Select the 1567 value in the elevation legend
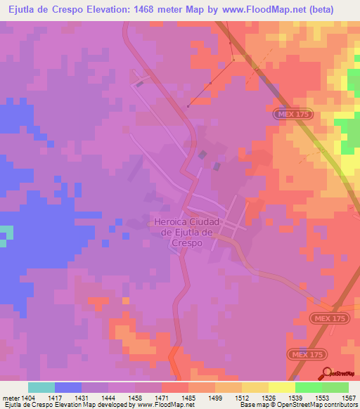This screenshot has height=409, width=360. coord(349,397)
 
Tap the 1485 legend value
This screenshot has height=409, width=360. coord(188,397)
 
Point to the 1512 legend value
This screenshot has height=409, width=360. coord(242,397)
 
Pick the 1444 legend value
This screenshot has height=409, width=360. coord(108,397)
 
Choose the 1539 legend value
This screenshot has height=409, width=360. coord(295,397)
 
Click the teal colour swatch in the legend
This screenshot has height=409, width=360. coord(41,387)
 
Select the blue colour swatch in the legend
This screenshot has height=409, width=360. coord(68,387)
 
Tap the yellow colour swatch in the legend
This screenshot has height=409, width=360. coord(282,387)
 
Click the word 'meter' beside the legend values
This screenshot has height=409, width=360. coord(9,397)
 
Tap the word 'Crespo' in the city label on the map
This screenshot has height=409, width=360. coord(186,242)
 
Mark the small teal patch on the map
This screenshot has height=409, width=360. coord(6,235)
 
